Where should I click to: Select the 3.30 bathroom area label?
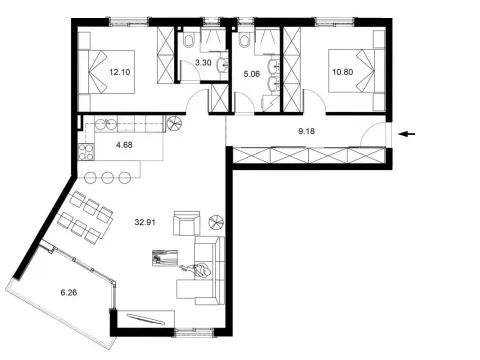click(x=202, y=62)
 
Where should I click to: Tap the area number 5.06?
click(x=253, y=72)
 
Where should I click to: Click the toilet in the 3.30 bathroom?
click(x=188, y=42)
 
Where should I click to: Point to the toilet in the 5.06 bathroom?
click(x=246, y=41)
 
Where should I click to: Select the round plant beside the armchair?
click(x=217, y=223)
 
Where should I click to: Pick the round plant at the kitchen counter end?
click(x=174, y=124)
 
